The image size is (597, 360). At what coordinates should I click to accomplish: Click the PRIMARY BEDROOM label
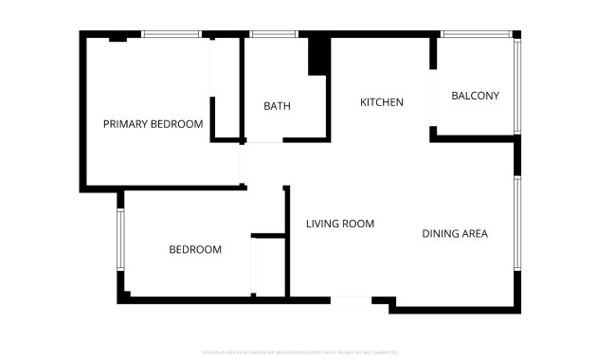pos(153,124)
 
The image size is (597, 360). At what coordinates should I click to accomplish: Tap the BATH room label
pos(277,105)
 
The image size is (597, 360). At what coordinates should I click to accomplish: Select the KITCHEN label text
pos(382,102)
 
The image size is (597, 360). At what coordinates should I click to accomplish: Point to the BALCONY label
pos(475,96)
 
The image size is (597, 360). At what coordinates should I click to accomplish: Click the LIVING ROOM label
pos(340,225)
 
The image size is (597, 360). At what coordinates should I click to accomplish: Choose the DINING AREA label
pos(455,233)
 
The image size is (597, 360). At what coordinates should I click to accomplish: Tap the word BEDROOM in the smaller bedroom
pos(195,250)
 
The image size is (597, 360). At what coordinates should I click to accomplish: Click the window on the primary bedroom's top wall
pos(171,35)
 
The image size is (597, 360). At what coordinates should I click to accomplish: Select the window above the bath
pos(273,35)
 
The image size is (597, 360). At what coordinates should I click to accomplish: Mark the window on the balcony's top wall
pos(477,35)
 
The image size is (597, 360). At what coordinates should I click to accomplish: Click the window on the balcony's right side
pos(516,85)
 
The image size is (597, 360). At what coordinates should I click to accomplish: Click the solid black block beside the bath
pos(318,56)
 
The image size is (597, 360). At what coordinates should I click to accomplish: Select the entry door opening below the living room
pos(351,300)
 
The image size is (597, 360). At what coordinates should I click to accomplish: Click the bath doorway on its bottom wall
pos(263,142)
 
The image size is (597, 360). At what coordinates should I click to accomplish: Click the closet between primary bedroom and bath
pos(226,90)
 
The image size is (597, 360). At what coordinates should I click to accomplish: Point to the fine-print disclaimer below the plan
pos(298,351)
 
